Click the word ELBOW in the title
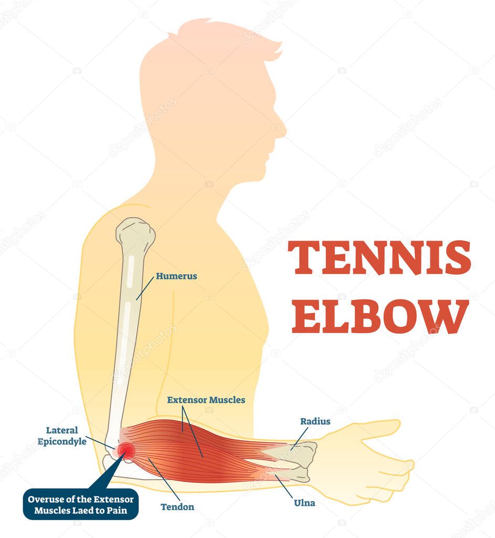380,317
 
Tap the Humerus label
176,276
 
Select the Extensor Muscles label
206,400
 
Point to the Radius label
315,421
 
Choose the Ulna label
305,503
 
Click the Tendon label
177,507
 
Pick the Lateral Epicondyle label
62,436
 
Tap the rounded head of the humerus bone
135,234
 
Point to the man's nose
282,129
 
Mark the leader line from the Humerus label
145,288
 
